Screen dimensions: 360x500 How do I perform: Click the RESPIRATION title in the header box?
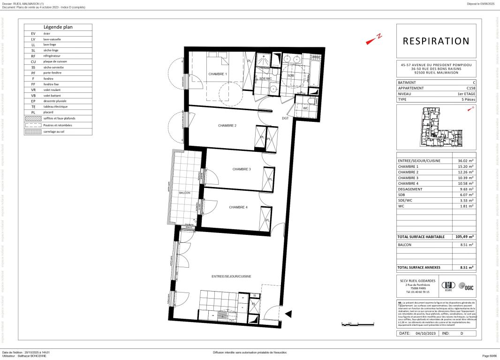[436, 41]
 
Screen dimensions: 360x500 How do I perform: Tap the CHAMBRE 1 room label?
[218, 75]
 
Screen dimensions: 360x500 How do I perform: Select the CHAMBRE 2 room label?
[227, 126]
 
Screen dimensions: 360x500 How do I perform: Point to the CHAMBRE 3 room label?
[242, 169]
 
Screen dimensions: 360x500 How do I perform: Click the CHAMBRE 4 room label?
[238, 207]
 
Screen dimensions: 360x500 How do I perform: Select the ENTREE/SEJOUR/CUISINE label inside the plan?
[231, 277]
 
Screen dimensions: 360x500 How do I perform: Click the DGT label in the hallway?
[285, 118]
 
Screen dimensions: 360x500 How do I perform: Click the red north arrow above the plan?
[374, 40]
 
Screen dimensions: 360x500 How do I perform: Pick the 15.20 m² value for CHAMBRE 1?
[466, 166]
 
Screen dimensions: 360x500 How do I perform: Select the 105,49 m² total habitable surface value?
[465, 237]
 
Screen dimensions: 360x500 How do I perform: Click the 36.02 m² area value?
[466, 161]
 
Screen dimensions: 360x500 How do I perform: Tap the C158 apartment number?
[470, 88]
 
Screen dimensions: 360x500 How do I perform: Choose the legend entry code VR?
[33, 90]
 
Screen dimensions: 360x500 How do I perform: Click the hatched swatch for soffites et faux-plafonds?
[33, 119]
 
